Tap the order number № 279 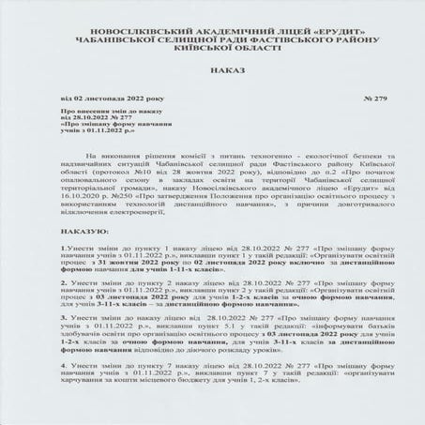click(375, 97)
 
